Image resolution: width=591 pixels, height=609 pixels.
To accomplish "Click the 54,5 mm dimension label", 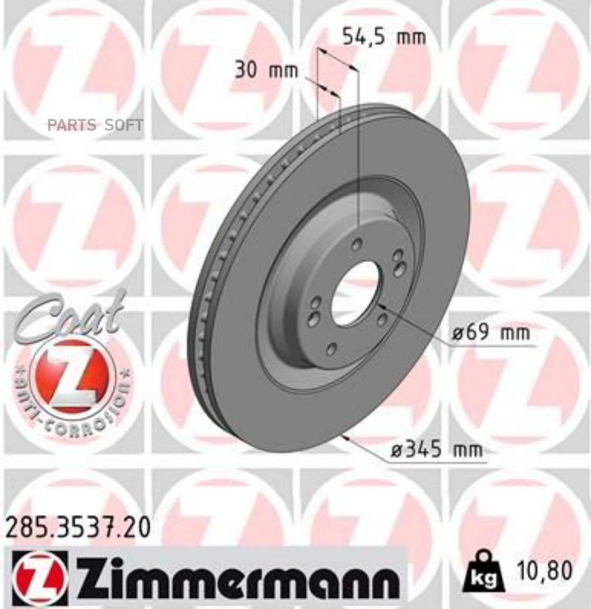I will click(x=384, y=37).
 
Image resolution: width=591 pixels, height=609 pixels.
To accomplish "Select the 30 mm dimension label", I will click(x=266, y=70).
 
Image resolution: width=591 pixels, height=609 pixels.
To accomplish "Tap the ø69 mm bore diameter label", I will click(x=491, y=333).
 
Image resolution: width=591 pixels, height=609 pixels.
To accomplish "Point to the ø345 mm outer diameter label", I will click(x=435, y=450).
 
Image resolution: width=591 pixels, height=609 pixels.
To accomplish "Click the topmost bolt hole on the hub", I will click(x=357, y=245).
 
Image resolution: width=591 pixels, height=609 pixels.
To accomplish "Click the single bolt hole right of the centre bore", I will click(x=382, y=318).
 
